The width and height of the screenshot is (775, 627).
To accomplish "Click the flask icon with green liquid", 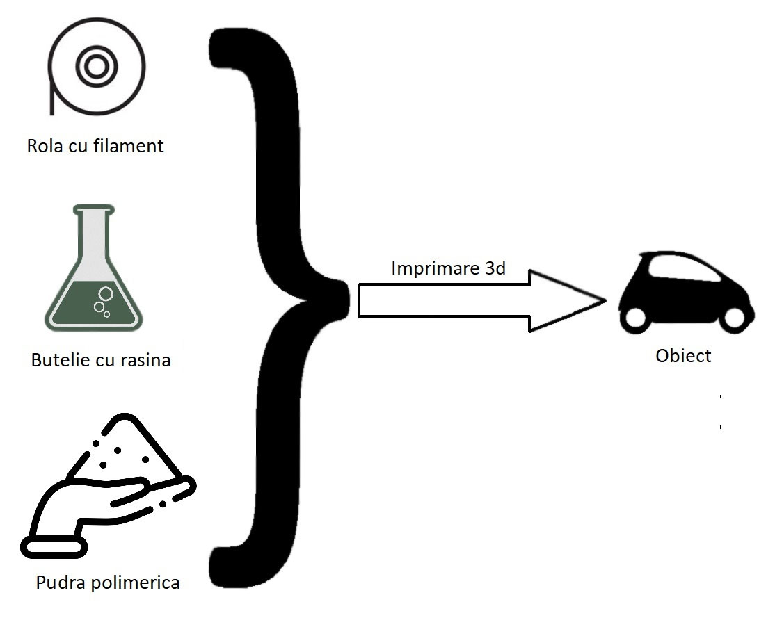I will (95, 278).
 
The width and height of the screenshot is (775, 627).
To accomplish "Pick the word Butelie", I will (59, 361).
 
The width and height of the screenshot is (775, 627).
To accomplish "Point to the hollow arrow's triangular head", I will (564, 300).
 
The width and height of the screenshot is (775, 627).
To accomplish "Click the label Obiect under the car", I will (683, 356).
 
